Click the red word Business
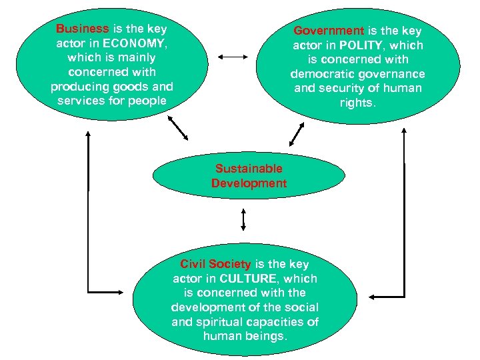coord(82,29)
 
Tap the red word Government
coord(329,31)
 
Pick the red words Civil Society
coord(215,264)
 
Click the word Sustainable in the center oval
coord(249,169)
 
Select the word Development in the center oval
coord(249,183)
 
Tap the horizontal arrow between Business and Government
coord(233,58)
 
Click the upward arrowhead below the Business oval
coord(88,133)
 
